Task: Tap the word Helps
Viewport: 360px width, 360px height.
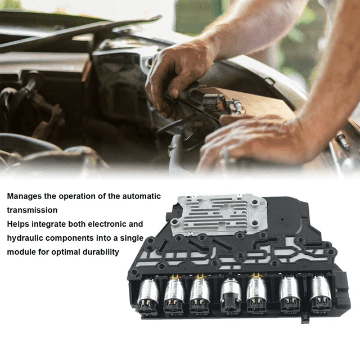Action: tap(19, 223)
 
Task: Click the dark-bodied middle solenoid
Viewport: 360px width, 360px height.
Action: tap(230, 294)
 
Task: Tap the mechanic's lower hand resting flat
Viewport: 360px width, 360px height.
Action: tap(253, 143)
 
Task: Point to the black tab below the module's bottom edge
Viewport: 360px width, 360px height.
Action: tap(304, 319)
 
